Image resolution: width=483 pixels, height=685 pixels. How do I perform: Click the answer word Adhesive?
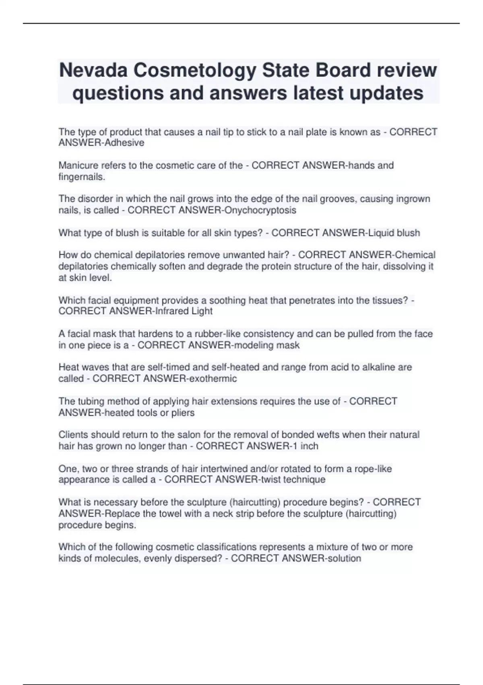(x=124, y=143)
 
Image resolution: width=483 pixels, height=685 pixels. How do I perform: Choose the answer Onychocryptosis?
(x=260, y=210)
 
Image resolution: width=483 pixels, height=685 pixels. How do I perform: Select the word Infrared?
(x=172, y=311)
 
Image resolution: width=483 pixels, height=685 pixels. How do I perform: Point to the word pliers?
(x=183, y=413)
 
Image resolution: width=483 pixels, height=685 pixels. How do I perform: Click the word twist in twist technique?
(x=271, y=479)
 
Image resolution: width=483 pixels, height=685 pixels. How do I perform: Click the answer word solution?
(x=344, y=558)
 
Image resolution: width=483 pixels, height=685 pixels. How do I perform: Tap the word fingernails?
(x=82, y=176)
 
